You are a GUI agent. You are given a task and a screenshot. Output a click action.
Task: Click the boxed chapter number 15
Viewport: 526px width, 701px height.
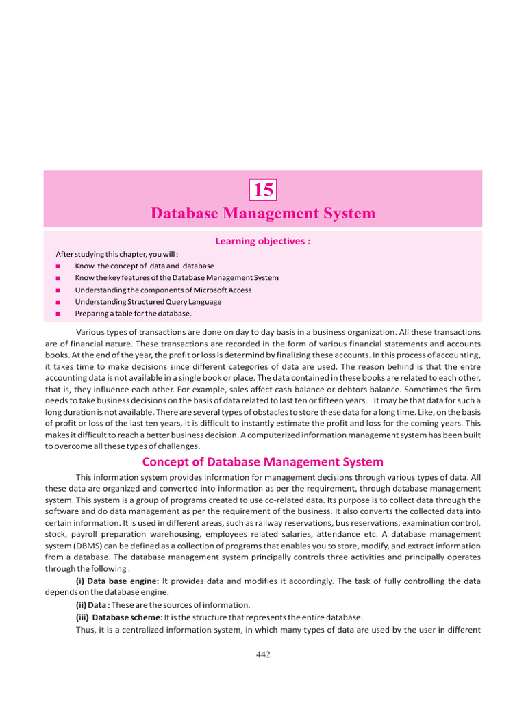click(x=263, y=190)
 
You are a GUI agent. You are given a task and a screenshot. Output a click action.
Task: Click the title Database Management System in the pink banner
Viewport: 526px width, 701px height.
click(x=263, y=214)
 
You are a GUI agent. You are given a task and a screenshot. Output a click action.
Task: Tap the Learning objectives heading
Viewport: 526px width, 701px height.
click(x=263, y=241)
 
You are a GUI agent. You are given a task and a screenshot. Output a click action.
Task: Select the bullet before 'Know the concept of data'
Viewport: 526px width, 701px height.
click(x=58, y=266)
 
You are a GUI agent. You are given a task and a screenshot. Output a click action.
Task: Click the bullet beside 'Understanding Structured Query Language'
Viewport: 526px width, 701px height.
click(x=58, y=301)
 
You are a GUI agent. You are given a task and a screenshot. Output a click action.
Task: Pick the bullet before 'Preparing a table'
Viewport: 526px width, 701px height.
click(x=58, y=314)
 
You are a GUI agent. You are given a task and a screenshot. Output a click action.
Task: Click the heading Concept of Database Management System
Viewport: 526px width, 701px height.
click(x=263, y=462)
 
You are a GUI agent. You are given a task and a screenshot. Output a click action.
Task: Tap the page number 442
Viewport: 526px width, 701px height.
click(x=263, y=654)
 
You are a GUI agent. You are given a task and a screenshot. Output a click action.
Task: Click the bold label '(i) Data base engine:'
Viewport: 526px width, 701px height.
click(x=117, y=581)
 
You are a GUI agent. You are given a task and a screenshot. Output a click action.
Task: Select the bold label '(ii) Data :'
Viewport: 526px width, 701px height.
click(x=95, y=605)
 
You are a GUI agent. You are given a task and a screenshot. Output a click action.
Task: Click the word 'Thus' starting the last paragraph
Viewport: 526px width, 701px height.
click(x=85, y=629)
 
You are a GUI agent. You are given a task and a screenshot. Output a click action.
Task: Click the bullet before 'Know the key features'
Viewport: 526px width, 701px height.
click(x=58, y=278)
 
